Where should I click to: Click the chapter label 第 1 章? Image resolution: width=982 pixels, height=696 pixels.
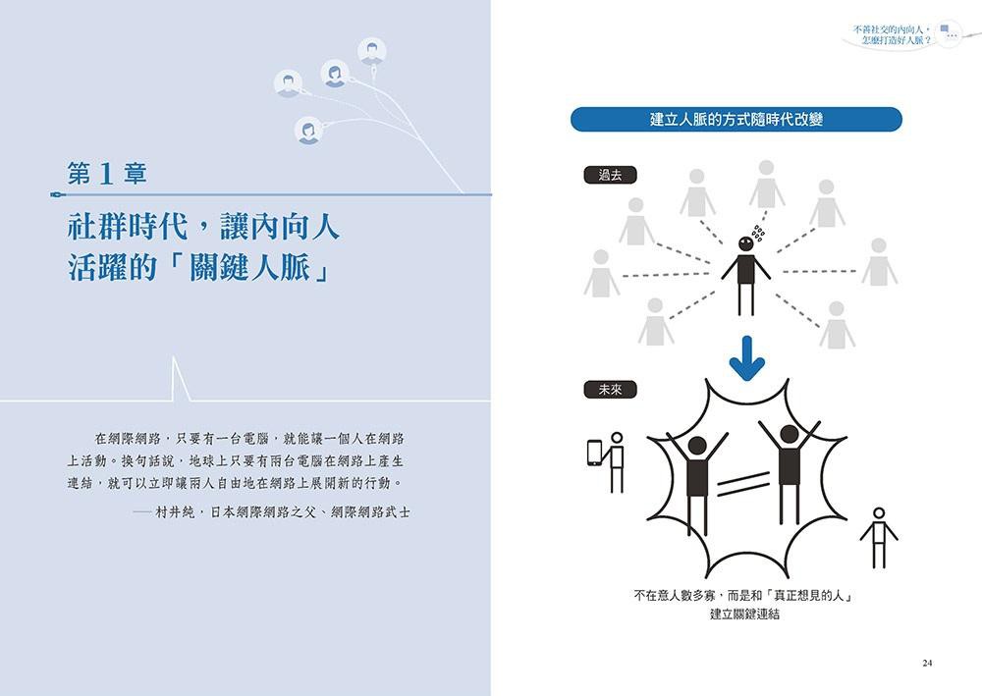pyautogui.click(x=107, y=174)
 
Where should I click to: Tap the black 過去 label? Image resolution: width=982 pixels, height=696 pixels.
pyautogui.click(x=610, y=176)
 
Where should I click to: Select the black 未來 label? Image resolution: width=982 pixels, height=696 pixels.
pyautogui.click(x=610, y=390)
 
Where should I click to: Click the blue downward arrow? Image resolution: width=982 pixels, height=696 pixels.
pyautogui.click(x=746, y=358)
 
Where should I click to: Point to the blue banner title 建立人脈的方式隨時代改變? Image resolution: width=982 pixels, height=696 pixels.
pyautogui.click(x=736, y=120)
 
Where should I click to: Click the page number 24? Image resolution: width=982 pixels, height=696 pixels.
pyautogui.click(x=927, y=663)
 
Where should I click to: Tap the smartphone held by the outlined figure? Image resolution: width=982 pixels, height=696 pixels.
pyautogui.click(x=594, y=453)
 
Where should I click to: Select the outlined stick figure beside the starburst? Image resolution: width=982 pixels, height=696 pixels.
pyautogui.click(x=879, y=538)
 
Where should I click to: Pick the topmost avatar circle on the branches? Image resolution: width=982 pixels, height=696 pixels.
pyautogui.click(x=372, y=51)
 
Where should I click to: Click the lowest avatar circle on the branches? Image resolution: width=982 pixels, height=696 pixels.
pyautogui.click(x=308, y=131)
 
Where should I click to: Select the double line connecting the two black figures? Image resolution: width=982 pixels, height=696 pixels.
pyautogui.click(x=742, y=483)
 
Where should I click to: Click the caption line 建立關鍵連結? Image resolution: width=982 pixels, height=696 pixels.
pyautogui.click(x=744, y=614)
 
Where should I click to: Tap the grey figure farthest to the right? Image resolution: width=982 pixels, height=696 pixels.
pyautogui.click(x=879, y=262)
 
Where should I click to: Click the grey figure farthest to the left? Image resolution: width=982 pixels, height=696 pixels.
pyautogui.click(x=601, y=273)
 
